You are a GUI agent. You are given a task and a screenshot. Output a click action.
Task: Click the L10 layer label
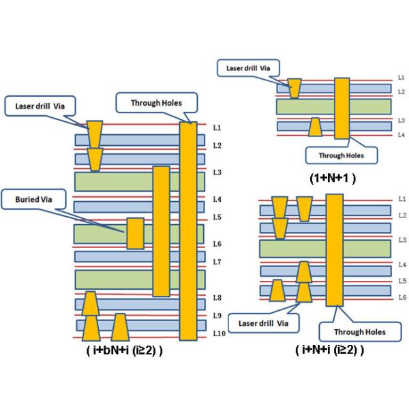[x=217, y=333]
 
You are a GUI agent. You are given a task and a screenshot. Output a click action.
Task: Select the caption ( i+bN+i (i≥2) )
[x=124, y=352]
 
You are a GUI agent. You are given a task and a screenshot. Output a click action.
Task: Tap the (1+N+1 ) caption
[x=333, y=178]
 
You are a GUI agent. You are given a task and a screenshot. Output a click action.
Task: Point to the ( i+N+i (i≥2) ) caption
[x=330, y=350]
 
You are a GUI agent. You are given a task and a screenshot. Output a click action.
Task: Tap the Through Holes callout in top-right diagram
[x=341, y=155]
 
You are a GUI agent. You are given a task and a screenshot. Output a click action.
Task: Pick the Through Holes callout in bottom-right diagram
[x=360, y=332]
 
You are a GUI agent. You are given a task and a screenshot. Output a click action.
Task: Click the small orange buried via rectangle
[x=136, y=234]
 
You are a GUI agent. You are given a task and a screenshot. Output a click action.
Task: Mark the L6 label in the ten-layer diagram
[x=217, y=244]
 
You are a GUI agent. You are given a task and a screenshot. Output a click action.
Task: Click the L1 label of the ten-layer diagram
[x=217, y=127]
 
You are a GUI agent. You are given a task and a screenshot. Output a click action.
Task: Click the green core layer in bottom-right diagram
[x=324, y=247]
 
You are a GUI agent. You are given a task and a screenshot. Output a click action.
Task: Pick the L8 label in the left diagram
[x=217, y=298]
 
